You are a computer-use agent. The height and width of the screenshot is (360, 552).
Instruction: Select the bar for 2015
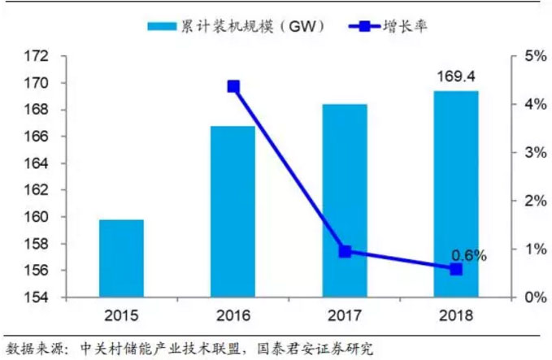(121, 258)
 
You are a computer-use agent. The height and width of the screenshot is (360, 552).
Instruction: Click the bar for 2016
(233, 211)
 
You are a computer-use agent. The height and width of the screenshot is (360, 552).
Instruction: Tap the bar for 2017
(345, 201)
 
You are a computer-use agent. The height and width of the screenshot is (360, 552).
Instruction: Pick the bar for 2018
(456, 193)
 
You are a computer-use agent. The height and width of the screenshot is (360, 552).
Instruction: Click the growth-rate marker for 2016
(233, 86)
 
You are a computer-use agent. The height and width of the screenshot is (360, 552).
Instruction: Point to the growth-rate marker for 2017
(345, 251)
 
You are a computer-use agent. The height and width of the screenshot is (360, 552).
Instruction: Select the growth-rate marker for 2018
(456, 268)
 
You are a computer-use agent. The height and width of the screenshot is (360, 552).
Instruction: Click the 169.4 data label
(456, 78)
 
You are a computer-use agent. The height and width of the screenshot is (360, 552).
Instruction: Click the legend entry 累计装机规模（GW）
(236, 27)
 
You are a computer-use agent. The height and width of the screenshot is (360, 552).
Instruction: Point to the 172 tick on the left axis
(37, 57)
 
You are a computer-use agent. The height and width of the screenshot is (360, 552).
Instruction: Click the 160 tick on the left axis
(37, 217)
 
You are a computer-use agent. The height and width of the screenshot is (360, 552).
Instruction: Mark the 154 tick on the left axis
(37, 297)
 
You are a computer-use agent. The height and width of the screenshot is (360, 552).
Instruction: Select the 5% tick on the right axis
(535, 57)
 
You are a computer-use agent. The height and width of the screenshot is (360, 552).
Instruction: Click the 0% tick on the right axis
(535, 297)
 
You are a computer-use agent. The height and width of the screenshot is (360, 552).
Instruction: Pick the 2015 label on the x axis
(121, 315)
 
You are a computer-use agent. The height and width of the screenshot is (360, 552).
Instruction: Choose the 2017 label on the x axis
(345, 315)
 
